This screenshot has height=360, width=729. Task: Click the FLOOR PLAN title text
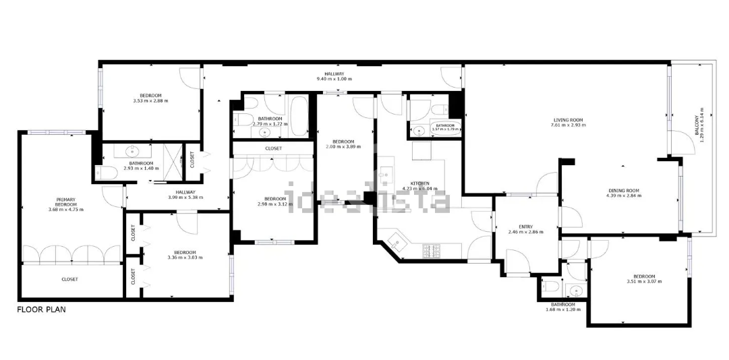[x=41, y=309]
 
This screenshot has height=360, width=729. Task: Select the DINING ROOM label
[x=623, y=190]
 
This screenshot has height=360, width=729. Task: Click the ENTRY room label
[x=525, y=227]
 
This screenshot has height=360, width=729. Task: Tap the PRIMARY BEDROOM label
[x=65, y=202]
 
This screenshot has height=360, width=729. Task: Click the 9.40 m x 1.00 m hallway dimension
[x=334, y=80]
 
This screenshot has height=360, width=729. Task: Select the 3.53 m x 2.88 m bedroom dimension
[x=150, y=101]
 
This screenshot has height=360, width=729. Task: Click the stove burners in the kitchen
[x=431, y=251]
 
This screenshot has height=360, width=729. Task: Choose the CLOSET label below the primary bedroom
[x=69, y=279]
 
